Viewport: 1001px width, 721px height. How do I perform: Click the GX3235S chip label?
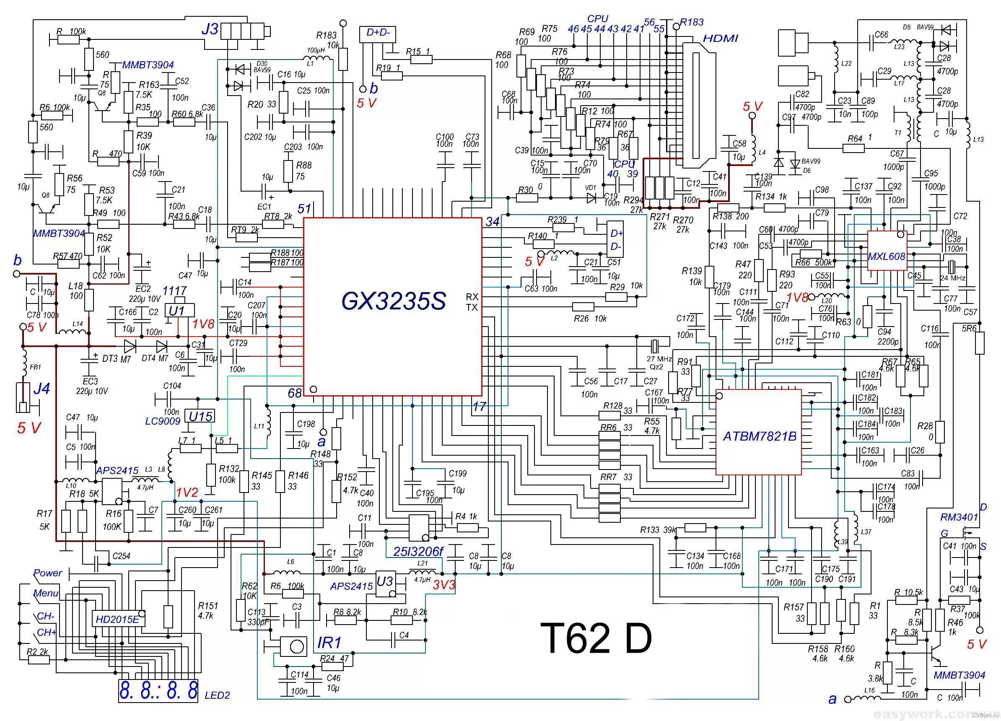tap(393, 301)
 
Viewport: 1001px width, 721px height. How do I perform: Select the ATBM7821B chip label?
tap(759, 436)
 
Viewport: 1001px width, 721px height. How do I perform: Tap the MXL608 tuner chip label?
tap(886, 257)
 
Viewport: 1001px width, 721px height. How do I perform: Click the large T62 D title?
tap(595, 638)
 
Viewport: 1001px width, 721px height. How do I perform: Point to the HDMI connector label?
tap(720, 39)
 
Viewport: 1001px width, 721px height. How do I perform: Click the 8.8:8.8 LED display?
tap(158, 691)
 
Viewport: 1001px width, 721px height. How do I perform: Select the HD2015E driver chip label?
tap(117, 620)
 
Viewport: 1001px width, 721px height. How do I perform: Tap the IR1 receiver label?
tap(329, 643)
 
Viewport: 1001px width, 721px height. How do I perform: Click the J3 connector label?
tap(210, 30)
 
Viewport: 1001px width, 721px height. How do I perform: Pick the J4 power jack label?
tap(41, 389)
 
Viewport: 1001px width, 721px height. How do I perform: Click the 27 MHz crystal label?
tap(659, 359)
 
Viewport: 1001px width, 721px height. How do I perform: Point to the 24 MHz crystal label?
tap(952, 278)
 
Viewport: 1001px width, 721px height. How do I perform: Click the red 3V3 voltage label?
tap(443, 586)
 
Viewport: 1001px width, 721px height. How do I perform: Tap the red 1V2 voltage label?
tap(187, 493)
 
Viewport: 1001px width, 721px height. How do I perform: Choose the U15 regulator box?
tap(201, 416)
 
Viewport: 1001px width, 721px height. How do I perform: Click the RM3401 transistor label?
tap(959, 517)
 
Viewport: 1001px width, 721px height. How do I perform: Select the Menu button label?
tap(46, 594)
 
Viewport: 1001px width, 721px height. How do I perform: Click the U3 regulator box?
tap(385, 581)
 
